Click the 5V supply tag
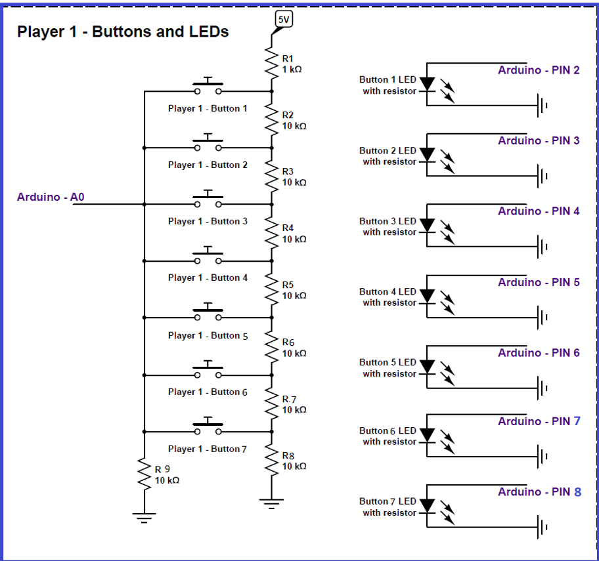point(284,19)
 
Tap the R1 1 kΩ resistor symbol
point(272,63)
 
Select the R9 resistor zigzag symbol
point(144,474)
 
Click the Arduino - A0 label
point(51,197)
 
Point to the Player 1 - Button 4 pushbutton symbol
point(208,256)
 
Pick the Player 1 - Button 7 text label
point(208,449)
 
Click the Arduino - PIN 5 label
point(539,282)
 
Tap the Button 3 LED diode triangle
point(427,225)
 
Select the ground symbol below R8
point(272,504)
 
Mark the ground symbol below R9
point(144,518)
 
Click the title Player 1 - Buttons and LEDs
point(123,31)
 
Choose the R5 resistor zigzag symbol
point(272,289)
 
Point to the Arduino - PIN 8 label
point(539,492)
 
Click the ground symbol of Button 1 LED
point(542,106)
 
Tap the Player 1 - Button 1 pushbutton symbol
point(208,86)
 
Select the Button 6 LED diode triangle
point(427,434)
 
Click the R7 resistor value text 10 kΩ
point(294,410)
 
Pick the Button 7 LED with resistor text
point(388,507)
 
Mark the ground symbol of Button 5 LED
point(542,388)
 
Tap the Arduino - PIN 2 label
point(539,70)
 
